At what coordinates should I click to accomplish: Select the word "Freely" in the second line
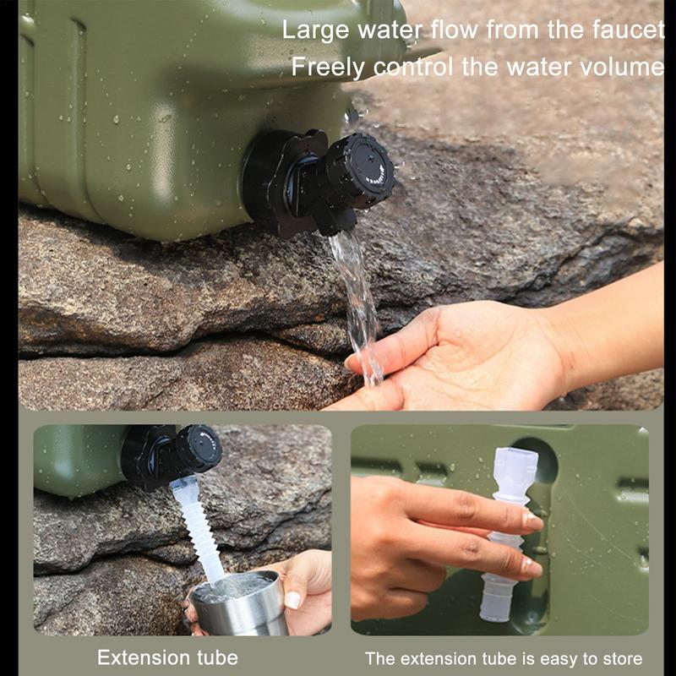point(328,68)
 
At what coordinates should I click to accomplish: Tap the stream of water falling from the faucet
point(357,302)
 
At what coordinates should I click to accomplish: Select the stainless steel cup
point(240,603)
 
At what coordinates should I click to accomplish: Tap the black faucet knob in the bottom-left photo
point(199,448)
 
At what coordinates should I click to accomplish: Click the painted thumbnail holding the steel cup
point(292,600)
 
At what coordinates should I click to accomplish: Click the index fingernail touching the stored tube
point(532,521)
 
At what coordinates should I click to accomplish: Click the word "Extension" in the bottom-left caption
point(143,657)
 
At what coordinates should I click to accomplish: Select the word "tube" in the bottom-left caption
point(218,657)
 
